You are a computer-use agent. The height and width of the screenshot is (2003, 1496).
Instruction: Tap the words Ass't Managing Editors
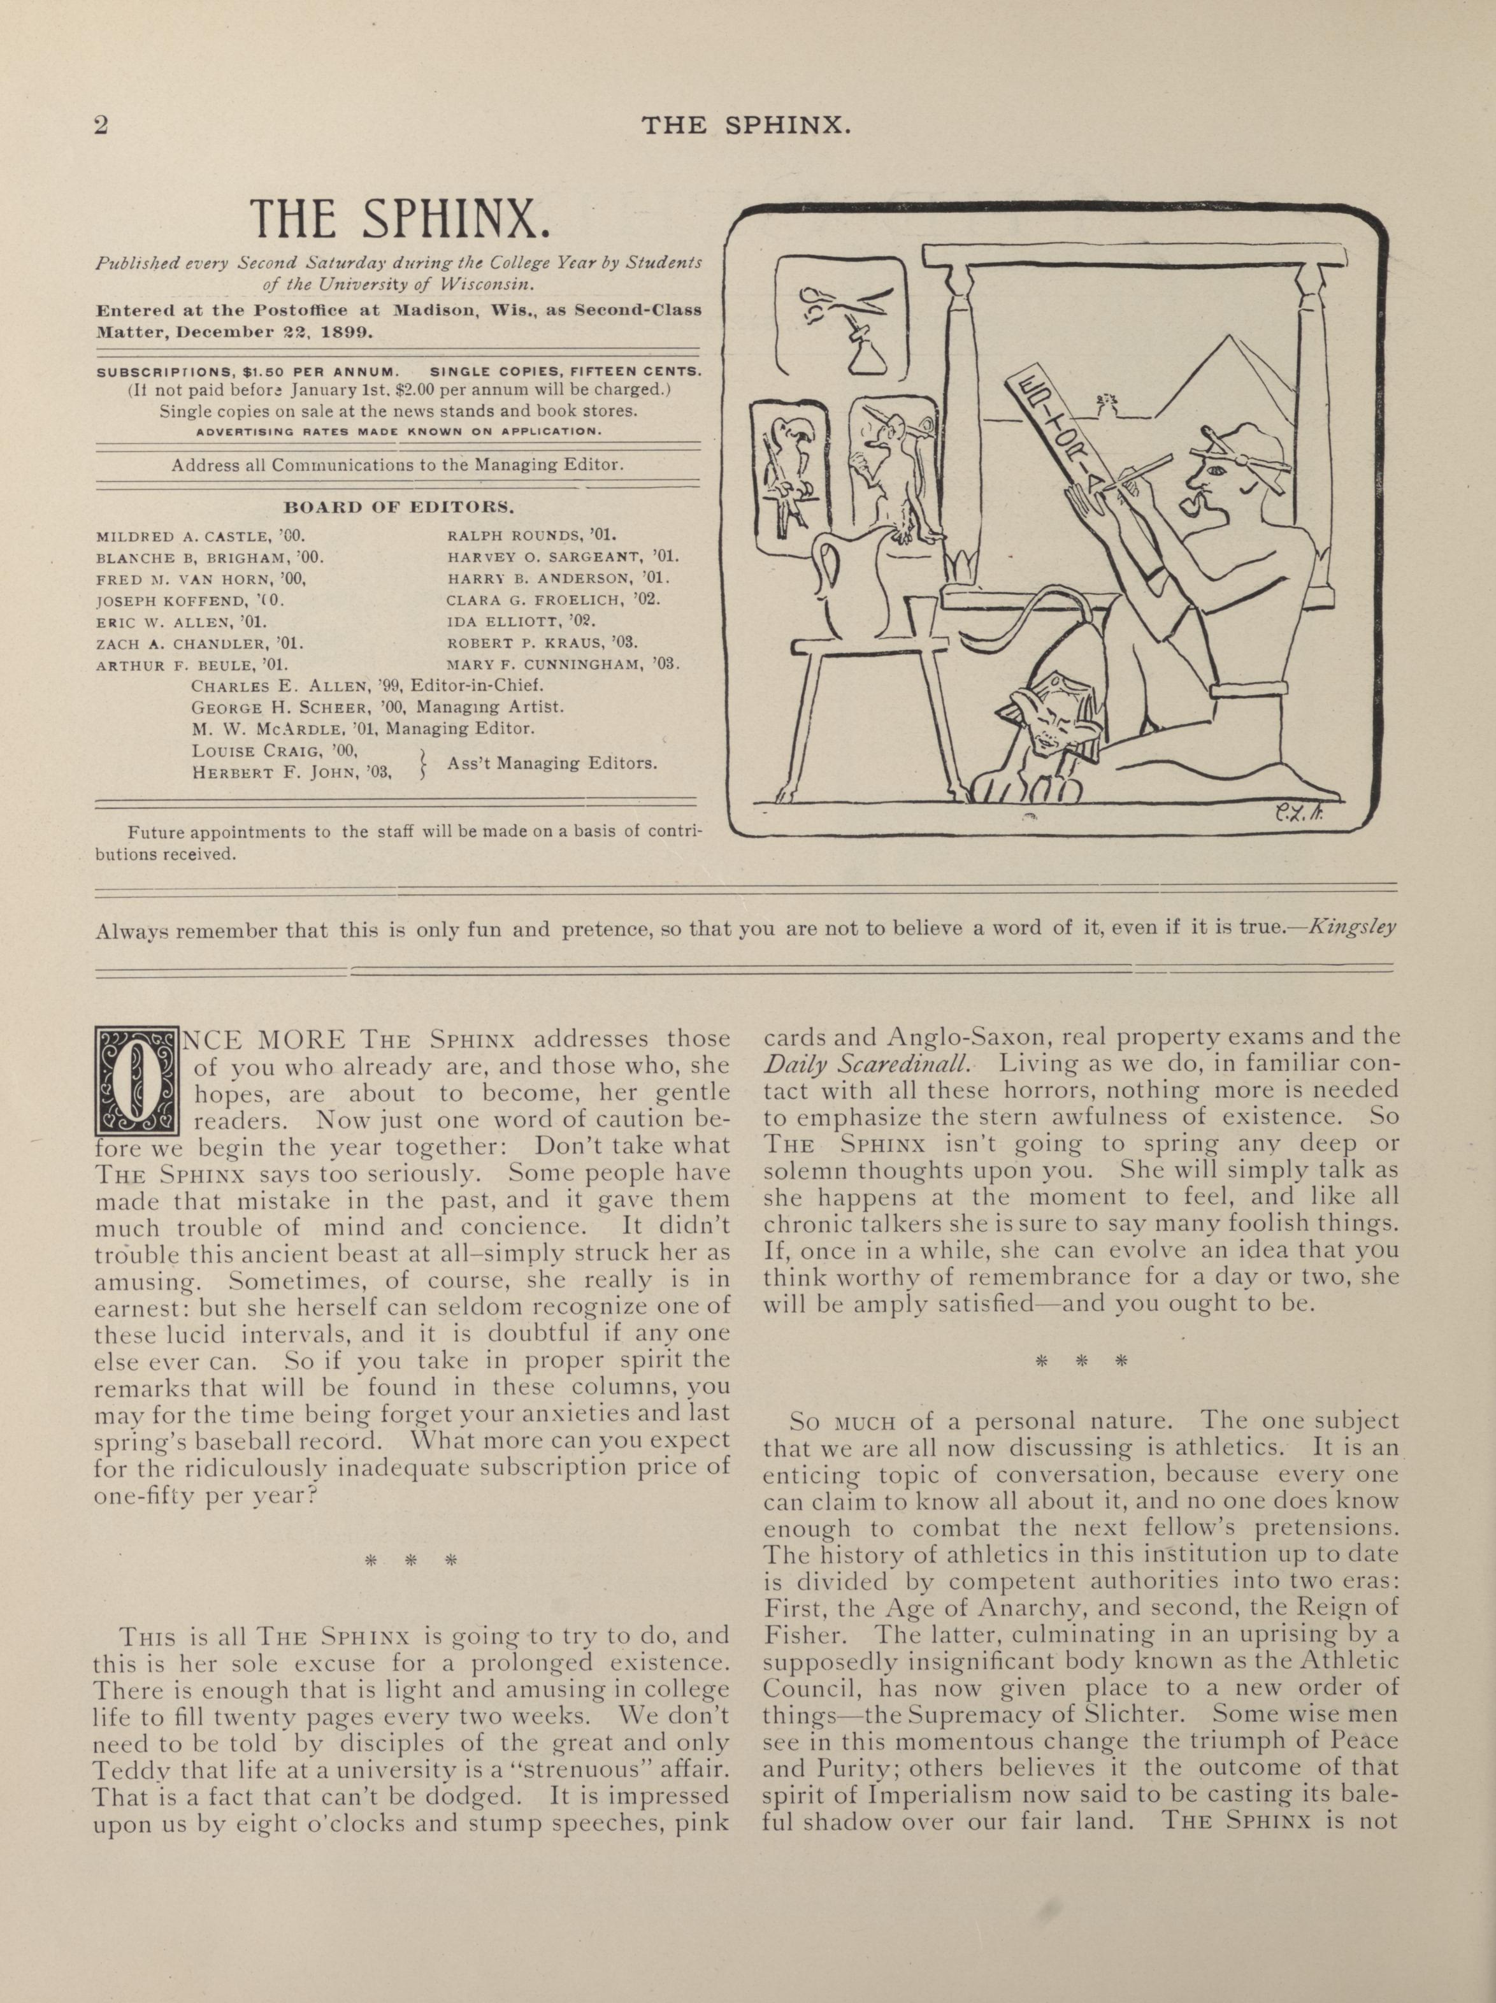[x=552, y=763]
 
